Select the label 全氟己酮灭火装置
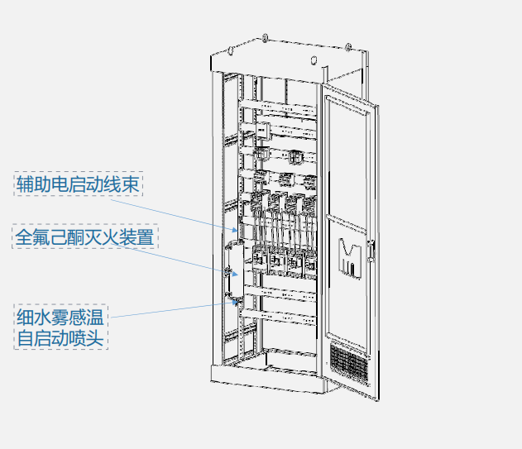tap(85, 238)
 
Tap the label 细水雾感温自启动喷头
tap(61, 327)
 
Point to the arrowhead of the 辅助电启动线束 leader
tap(240, 230)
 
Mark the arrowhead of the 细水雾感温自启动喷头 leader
tap(240, 302)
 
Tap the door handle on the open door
tap(372, 246)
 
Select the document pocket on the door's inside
tap(351, 256)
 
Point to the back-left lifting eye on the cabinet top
tap(264, 37)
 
